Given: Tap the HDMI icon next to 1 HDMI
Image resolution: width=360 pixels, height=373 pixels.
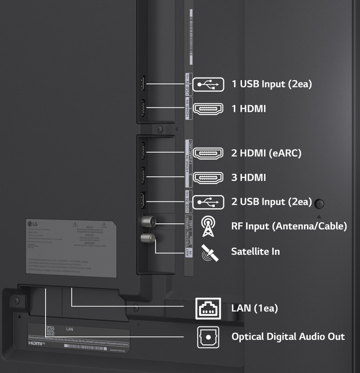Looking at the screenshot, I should pos(208,108).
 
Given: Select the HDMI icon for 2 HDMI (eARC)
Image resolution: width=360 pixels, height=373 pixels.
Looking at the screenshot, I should pos(208,152).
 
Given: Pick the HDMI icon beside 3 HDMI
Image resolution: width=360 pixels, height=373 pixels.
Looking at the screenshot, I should pos(208,177).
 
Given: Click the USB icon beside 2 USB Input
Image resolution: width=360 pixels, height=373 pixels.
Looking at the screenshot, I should pos(208,201).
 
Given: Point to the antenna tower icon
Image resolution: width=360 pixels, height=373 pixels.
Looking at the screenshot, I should pos(208,226).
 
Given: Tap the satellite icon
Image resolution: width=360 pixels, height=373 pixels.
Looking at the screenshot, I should pos(208,251).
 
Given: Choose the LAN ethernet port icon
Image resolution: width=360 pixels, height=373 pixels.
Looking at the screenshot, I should pos(208,308).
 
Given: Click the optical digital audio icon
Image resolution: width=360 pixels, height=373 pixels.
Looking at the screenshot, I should pos(208,337).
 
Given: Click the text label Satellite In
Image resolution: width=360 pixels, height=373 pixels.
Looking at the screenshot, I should pos(255,251).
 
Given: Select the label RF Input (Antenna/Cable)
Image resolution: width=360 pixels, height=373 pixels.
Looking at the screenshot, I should pos(289,226).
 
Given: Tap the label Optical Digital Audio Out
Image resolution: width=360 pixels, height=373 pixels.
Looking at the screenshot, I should pos(288,337).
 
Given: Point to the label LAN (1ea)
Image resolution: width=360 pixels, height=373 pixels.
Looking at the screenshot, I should pos(255,308).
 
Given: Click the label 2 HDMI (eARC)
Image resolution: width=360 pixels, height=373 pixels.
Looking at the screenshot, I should pos(266,152).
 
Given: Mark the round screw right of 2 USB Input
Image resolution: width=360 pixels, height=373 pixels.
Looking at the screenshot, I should pos(320,204).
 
